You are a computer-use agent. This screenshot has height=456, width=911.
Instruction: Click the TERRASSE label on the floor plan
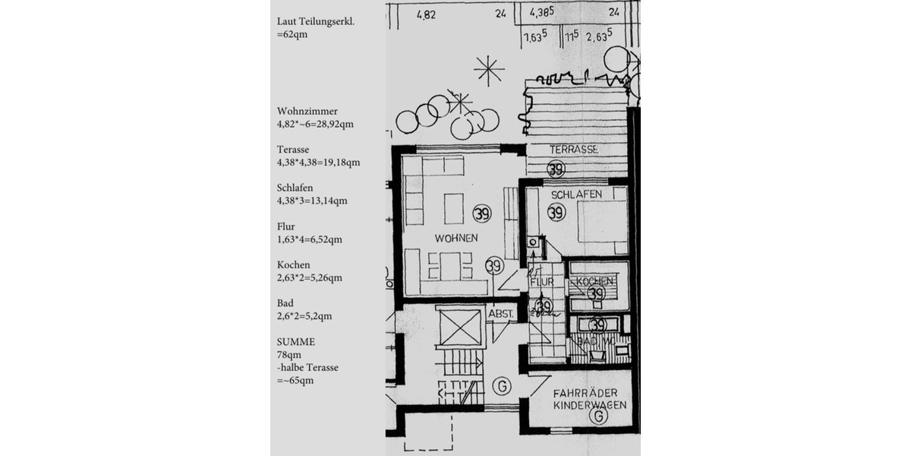[x=574, y=150]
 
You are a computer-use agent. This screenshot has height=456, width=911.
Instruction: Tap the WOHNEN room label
[x=456, y=238]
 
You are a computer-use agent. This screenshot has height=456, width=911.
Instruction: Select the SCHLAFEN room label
[x=576, y=195]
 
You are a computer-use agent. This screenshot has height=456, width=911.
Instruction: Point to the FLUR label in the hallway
[x=542, y=281]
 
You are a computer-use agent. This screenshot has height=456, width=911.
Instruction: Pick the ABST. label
[x=502, y=313]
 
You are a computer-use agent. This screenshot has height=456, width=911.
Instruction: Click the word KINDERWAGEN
[x=589, y=405]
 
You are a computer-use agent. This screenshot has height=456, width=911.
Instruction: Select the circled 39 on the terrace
[x=556, y=169]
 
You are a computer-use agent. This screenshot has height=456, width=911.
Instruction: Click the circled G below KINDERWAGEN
[x=600, y=417]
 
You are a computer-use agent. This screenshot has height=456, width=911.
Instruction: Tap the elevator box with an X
[x=460, y=328]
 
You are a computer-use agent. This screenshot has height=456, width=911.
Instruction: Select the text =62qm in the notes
[x=292, y=34]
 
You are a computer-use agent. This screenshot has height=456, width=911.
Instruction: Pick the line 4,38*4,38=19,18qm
[x=319, y=162]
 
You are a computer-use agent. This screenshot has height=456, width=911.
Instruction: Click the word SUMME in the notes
[x=296, y=342]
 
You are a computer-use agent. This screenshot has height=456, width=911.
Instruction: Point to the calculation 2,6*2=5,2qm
[x=304, y=315]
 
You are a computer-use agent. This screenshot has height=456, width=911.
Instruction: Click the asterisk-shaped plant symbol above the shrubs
[x=489, y=71]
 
